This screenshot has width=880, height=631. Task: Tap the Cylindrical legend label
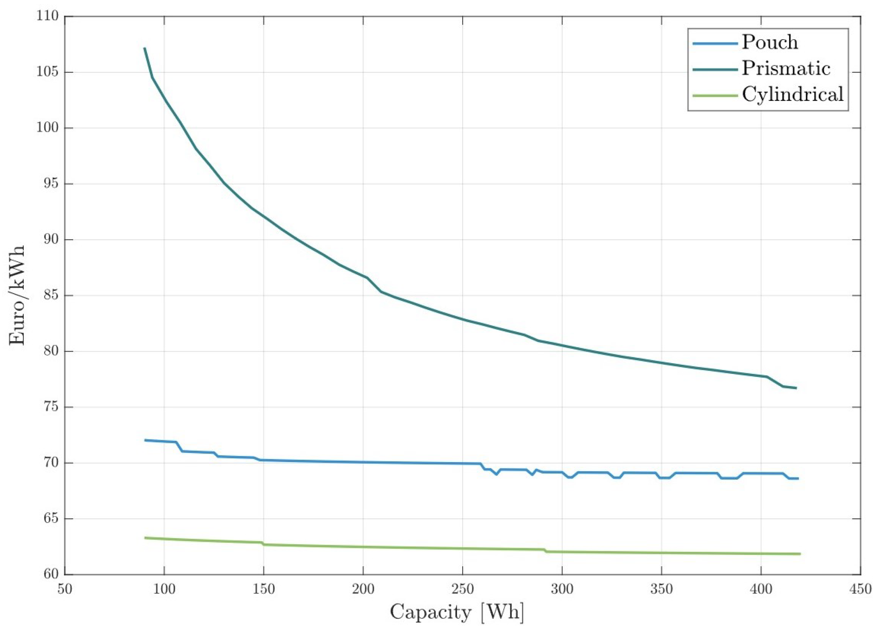coord(793,94)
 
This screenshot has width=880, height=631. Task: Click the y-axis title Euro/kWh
coord(18,295)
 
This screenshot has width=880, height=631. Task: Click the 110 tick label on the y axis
coord(47,17)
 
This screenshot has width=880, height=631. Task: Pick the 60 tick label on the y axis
coord(50,575)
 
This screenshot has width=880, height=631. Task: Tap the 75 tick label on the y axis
coord(50,407)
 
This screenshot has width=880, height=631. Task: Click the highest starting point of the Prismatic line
coord(144,48)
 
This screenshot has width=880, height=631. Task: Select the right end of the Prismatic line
coord(796,388)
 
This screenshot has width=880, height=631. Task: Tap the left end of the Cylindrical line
coord(145,538)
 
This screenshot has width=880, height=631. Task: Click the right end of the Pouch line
coord(798,478)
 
